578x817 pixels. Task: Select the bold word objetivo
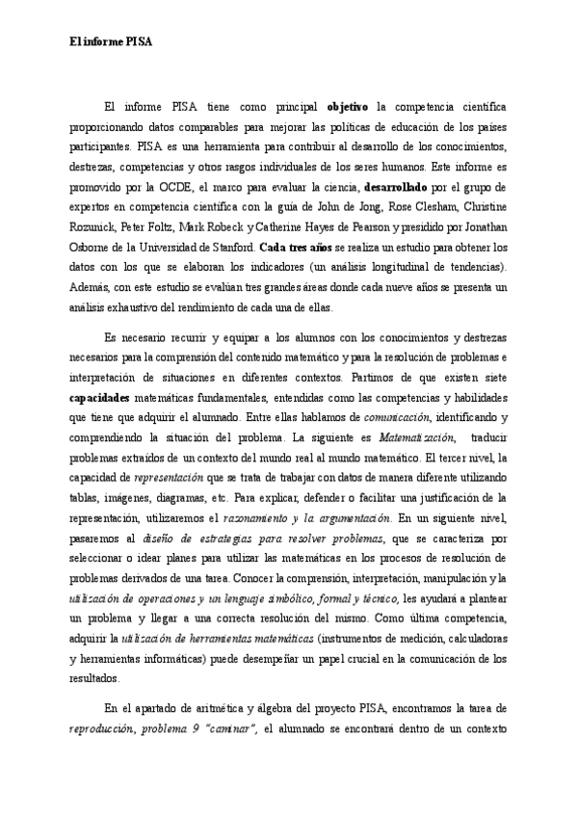pyautogui.click(x=351, y=105)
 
